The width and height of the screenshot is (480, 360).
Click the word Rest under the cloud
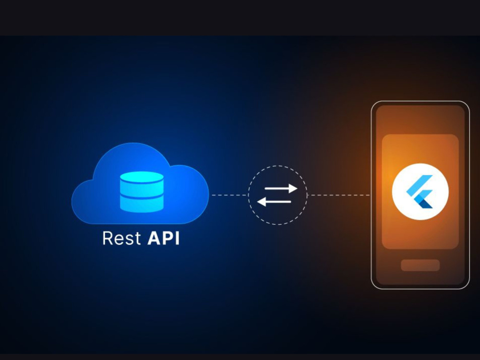click(x=121, y=238)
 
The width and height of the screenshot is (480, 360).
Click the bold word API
click(x=164, y=238)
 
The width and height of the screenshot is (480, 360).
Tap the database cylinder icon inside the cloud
click(x=142, y=192)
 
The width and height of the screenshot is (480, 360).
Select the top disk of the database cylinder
click(x=142, y=177)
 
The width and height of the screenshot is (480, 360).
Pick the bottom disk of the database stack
click(x=142, y=205)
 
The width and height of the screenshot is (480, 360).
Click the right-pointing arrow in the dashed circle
click(x=281, y=188)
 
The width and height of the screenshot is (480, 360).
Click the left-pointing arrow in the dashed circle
click(x=274, y=202)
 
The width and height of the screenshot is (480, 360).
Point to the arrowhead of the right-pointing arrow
click(x=293, y=188)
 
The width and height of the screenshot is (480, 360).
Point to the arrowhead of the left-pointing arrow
click(x=262, y=202)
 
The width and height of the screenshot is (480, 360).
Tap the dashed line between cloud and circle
click(x=230, y=195)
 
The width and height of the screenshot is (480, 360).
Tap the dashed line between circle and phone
click(x=339, y=195)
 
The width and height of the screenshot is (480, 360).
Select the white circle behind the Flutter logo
click(x=420, y=192)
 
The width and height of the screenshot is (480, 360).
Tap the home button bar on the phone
click(x=420, y=265)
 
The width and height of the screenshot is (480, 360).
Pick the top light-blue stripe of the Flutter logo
click(x=420, y=184)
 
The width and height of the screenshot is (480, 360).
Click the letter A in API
click(x=154, y=238)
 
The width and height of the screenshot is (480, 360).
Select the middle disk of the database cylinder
click(x=142, y=192)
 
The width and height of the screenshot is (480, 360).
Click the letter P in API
click(x=168, y=238)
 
